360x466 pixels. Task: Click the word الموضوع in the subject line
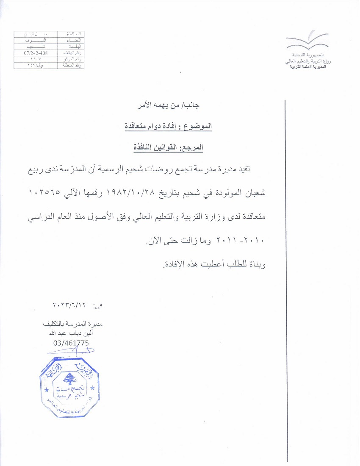pos(201,126)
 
